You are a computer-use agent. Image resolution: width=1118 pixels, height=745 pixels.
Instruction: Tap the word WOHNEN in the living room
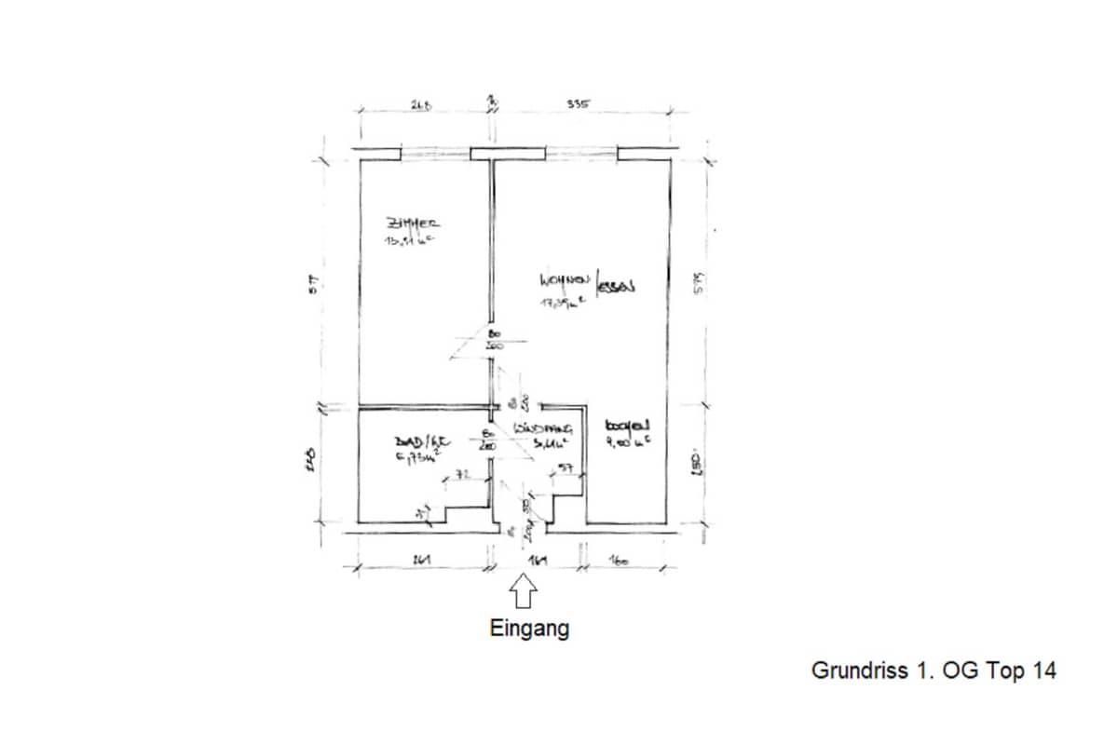[x=562, y=279]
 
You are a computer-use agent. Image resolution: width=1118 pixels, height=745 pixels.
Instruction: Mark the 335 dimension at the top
[x=578, y=105]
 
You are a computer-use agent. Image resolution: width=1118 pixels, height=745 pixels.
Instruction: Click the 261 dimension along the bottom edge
[x=420, y=561]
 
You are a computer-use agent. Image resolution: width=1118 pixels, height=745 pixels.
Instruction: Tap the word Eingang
[x=529, y=629]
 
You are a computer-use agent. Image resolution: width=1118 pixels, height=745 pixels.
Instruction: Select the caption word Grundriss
[x=854, y=670]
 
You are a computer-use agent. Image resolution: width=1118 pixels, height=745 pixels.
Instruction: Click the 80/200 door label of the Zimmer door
[x=495, y=338]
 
